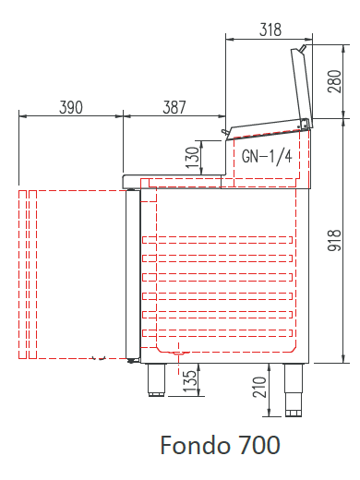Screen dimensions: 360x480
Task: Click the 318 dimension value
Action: point(270,30)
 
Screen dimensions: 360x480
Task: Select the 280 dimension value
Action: point(334,81)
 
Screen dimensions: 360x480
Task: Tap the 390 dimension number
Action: point(71,107)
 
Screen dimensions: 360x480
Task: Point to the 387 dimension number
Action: point(174,107)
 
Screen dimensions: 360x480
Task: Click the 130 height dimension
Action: point(192,157)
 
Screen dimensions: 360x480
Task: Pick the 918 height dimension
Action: point(334,240)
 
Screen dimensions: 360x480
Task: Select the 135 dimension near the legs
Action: point(190,381)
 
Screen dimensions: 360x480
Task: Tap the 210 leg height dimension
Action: point(259,387)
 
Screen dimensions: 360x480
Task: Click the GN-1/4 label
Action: point(267,157)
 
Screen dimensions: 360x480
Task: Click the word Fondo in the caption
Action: point(195,445)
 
